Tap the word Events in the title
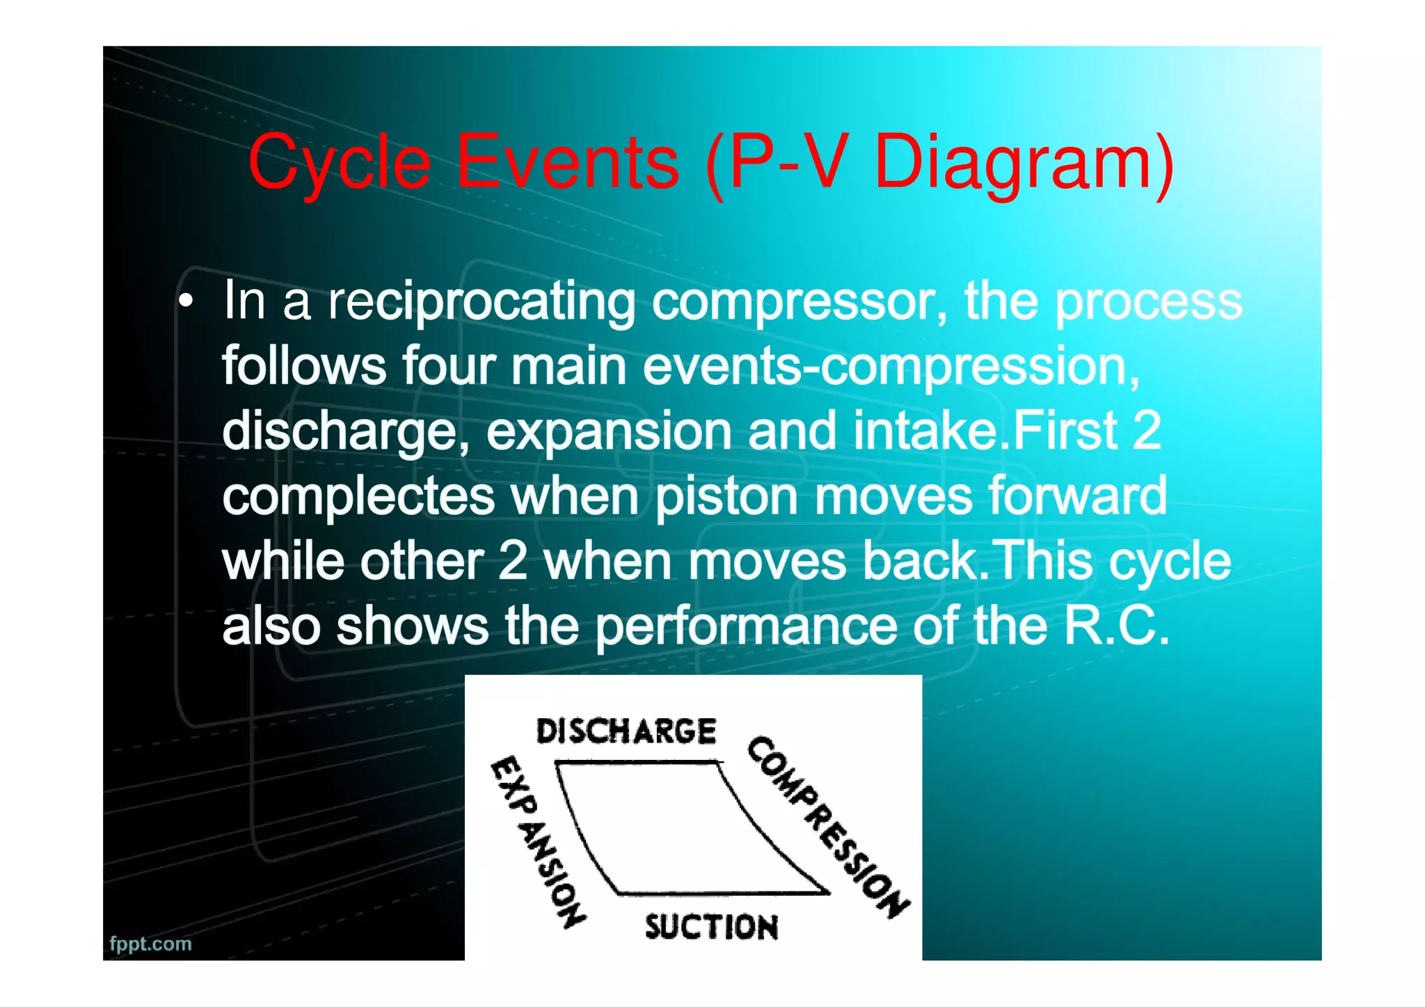(x=567, y=164)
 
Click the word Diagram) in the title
(x=1024, y=164)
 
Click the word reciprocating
(x=481, y=302)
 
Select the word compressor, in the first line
(x=799, y=302)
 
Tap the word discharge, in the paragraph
(x=345, y=431)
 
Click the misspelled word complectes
(x=358, y=495)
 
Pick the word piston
(x=726, y=495)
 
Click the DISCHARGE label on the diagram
(x=626, y=731)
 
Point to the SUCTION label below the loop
(x=711, y=927)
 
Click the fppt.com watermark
(x=150, y=944)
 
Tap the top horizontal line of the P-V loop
(x=637, y=763)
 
